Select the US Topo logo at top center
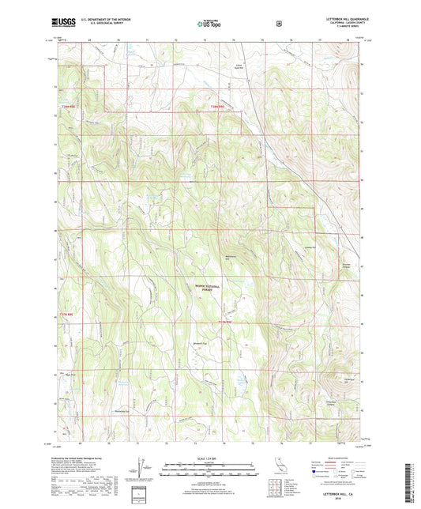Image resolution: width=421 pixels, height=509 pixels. (210, 24)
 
